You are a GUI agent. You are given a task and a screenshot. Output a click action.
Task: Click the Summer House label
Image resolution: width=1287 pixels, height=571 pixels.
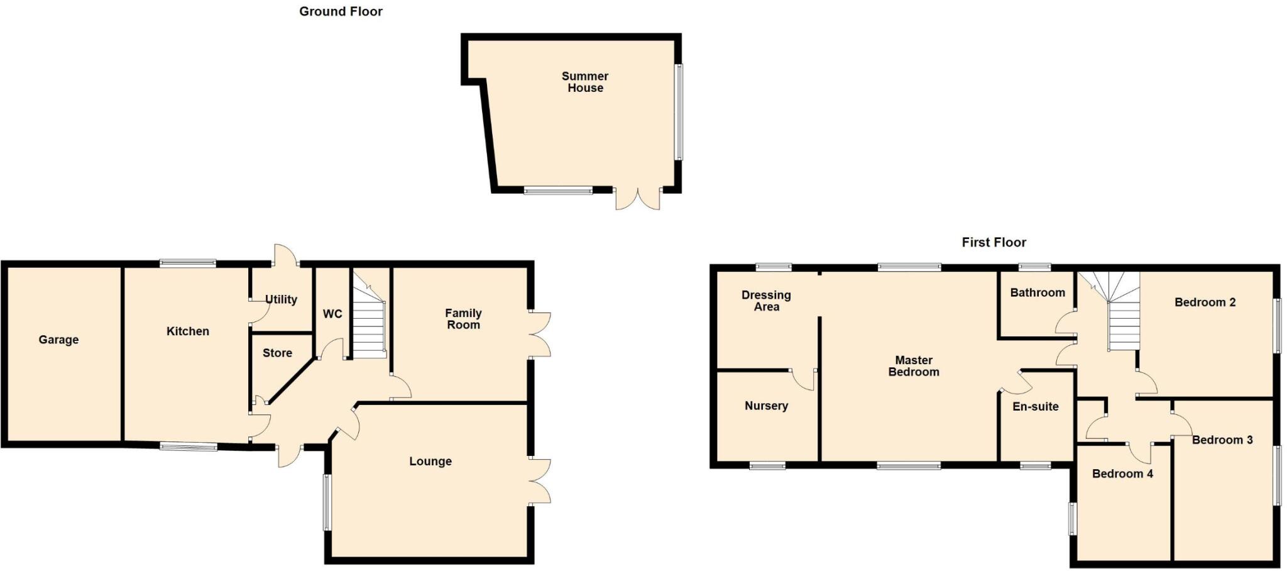click(585, 82)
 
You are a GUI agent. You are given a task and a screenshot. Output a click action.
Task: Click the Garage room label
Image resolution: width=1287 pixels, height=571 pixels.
click(58, 340)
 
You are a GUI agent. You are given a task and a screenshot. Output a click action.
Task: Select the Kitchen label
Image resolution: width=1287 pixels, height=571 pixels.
click(187, 331)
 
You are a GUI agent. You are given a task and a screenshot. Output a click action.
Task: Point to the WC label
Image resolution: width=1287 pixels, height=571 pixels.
click(332, 314)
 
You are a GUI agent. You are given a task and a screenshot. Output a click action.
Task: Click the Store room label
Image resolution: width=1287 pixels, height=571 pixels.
click(277, 353)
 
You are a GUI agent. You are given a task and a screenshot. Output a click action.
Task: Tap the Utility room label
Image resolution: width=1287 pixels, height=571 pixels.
click(281, 299)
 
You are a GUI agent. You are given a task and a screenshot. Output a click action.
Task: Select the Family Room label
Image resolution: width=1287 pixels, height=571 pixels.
click(463, 319)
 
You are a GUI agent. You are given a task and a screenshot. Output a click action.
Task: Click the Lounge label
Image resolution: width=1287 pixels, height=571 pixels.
click(430, 461)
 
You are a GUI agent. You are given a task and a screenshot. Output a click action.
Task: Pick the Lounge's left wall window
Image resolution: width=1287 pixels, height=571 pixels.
click(327, 502)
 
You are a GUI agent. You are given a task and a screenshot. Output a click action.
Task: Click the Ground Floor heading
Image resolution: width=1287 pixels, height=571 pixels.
click(341, 11)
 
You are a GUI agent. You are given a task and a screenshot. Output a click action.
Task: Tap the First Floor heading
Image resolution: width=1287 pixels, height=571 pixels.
click(994, 242)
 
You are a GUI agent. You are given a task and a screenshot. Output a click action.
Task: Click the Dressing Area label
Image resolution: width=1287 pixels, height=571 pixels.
click(766, 301)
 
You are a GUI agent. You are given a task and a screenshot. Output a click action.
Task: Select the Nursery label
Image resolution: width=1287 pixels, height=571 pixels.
click(766, 406)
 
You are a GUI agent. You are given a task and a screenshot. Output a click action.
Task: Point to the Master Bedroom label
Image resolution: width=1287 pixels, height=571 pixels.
click(913, 366)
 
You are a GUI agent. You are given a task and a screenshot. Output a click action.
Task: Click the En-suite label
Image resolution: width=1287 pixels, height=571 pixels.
click(1035, 406)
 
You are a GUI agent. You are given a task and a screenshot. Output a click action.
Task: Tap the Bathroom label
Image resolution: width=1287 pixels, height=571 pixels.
click(1037, 292)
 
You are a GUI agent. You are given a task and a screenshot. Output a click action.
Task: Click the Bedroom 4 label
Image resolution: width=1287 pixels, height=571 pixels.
click(1122, 474)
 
